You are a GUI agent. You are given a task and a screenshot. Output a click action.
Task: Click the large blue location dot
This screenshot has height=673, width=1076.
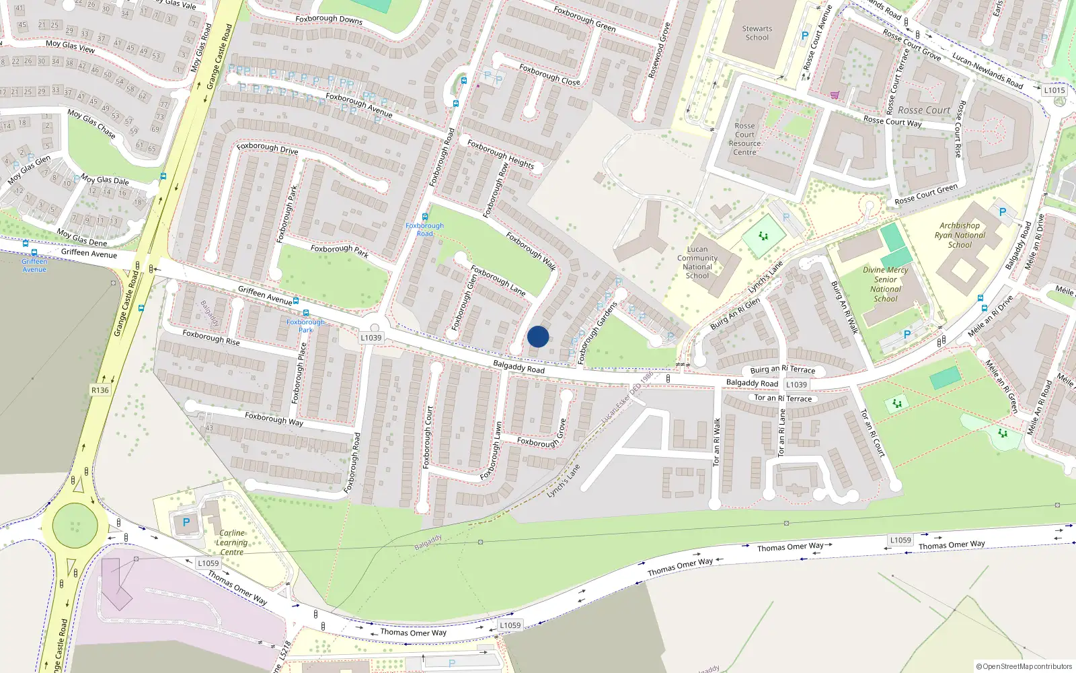538,336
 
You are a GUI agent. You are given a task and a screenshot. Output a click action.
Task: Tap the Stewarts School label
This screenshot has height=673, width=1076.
757,33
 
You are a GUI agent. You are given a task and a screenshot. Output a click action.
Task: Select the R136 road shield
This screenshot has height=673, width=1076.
100,390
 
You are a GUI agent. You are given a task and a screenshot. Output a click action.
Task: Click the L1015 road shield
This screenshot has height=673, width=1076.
1054,90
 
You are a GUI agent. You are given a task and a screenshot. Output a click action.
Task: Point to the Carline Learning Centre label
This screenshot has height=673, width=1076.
232,542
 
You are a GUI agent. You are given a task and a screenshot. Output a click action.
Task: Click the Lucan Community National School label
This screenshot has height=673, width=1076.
697,262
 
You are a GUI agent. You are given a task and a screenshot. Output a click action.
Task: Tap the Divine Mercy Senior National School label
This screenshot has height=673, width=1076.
886,284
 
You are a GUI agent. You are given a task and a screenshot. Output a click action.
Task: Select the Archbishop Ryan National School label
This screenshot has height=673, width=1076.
960,236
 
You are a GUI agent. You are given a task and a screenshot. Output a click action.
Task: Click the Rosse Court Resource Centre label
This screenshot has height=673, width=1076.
744,139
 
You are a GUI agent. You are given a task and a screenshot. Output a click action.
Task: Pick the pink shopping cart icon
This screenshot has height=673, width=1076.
835,95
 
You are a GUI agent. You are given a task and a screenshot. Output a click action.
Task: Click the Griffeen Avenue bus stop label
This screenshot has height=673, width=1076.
34,265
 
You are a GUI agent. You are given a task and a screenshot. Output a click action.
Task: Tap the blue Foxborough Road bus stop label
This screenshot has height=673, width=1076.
424,229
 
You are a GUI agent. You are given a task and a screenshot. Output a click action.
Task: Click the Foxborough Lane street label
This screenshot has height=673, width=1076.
498,281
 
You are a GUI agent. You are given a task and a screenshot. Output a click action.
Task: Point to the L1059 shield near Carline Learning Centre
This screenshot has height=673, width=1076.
208,563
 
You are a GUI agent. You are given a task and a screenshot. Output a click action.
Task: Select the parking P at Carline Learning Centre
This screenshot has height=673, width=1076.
186,522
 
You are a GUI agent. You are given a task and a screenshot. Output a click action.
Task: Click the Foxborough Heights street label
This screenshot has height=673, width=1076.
500,154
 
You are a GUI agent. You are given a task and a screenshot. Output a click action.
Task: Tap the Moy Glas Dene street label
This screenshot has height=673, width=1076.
82,237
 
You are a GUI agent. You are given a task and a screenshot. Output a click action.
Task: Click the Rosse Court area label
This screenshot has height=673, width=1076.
924,110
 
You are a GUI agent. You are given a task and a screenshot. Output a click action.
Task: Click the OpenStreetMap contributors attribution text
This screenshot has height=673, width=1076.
1024,666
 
